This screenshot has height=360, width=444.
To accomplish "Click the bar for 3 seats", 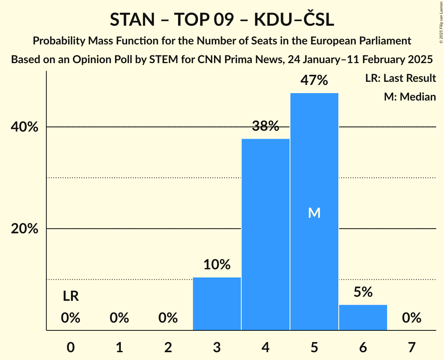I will click(x=217, y=304).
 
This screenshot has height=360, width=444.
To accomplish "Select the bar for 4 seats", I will click(x=265, y=234).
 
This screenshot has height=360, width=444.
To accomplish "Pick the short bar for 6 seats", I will click(x=363, y=317).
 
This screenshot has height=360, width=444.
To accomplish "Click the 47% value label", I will click(x=314, y=81).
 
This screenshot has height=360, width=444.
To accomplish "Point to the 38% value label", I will click(x=265, y=126).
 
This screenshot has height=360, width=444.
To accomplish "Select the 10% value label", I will click(x=217, y=265).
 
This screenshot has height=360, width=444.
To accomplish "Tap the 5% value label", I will click(x=363, y=292).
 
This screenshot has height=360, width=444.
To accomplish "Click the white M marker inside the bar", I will click(x=314, y=213).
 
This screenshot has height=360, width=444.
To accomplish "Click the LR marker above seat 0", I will click(x=71, y=296).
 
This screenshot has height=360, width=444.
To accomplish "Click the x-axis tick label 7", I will click(x=412, y=347).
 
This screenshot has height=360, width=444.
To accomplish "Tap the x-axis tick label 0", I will click(x=71, y=347).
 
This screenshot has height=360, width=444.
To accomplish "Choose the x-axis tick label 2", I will click(x=168, y=347).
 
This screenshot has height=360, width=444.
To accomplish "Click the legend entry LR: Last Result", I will click(x=400, y=78).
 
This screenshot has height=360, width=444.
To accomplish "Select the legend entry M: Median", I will click(x=410, y=97).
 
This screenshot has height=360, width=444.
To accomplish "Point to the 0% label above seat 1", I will click(x=119, y=318).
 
